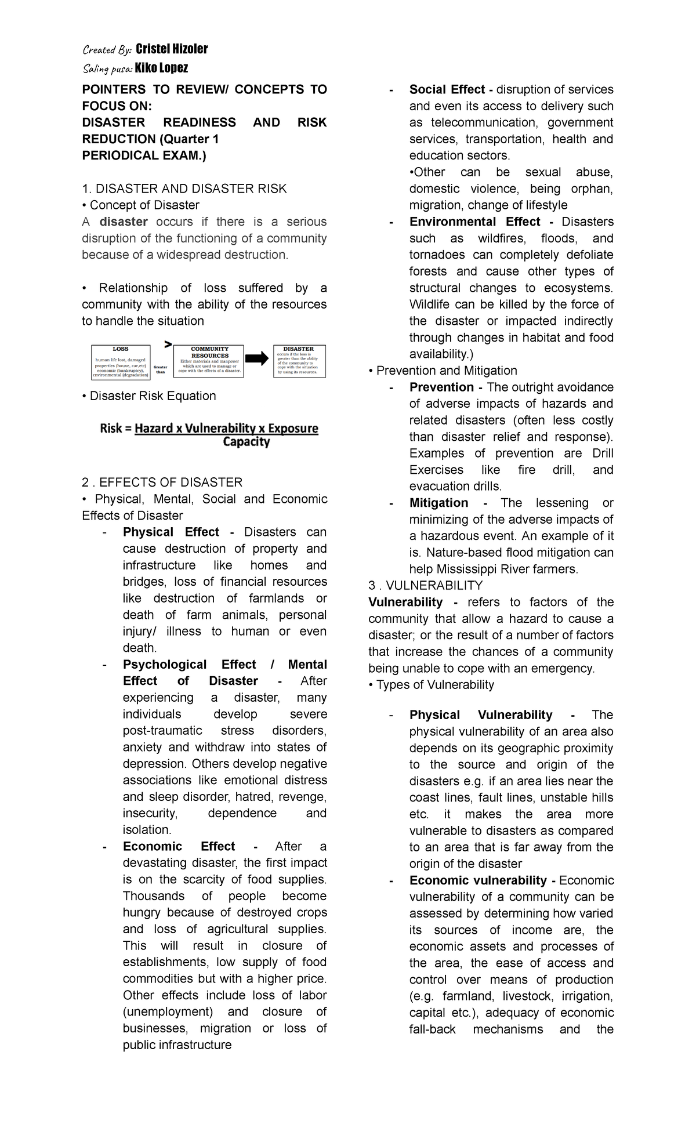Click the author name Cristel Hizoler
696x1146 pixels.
point(171,49)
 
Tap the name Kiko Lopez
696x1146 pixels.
point(161,68)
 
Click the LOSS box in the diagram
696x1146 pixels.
point(121,362)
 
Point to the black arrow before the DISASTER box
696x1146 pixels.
point(257,358)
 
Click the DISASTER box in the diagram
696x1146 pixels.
point(299,361)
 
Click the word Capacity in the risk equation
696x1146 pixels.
point(246,442)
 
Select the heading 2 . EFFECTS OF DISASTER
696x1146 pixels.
point(162,483)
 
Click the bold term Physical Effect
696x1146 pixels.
point(171,532)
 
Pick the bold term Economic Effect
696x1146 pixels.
point(179,846)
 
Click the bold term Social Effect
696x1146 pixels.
point(447,89)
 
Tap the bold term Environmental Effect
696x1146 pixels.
point(474,222)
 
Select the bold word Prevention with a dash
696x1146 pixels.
point(441,387)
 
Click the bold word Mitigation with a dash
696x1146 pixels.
point(438,503)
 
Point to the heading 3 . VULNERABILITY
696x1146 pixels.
point(425,586)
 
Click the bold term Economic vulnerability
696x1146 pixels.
point(478,880)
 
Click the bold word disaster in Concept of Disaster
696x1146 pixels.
point(124,222)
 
